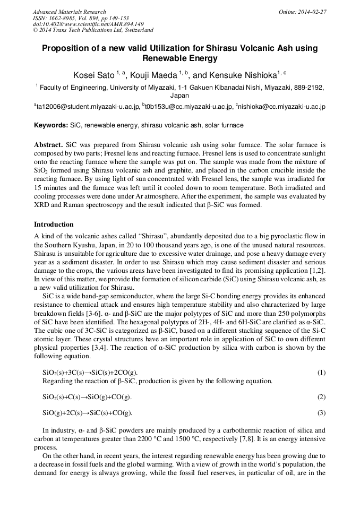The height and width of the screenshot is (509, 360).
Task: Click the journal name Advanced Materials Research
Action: pos(69,12)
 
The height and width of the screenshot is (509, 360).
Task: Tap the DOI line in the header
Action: pos(88,24)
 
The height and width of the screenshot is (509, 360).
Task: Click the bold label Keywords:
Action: pos(51,125)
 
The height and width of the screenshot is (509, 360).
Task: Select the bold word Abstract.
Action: pos(48,144)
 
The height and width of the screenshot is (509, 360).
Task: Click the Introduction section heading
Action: pos(54,224)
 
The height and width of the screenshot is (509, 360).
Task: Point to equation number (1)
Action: pos(321,373)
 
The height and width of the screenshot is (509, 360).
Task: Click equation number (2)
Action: pos(321,396)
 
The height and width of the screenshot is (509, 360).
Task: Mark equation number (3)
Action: pos(321,412)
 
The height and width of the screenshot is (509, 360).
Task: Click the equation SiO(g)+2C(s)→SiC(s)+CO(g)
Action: pos(87,413)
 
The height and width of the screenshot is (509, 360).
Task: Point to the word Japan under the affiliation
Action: pos(179,96)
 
